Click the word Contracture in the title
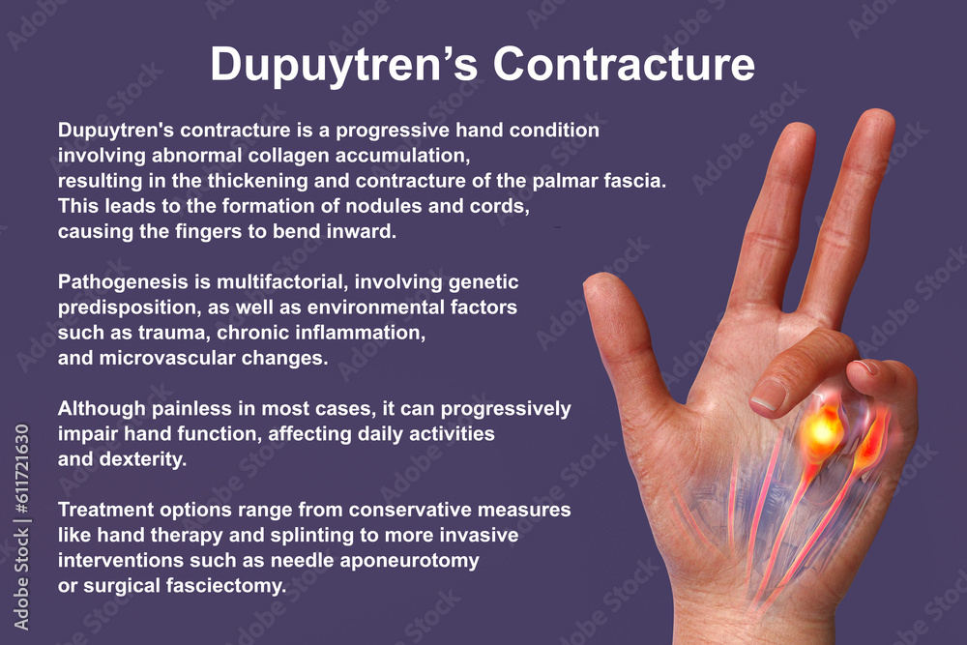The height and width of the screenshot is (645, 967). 624,64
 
